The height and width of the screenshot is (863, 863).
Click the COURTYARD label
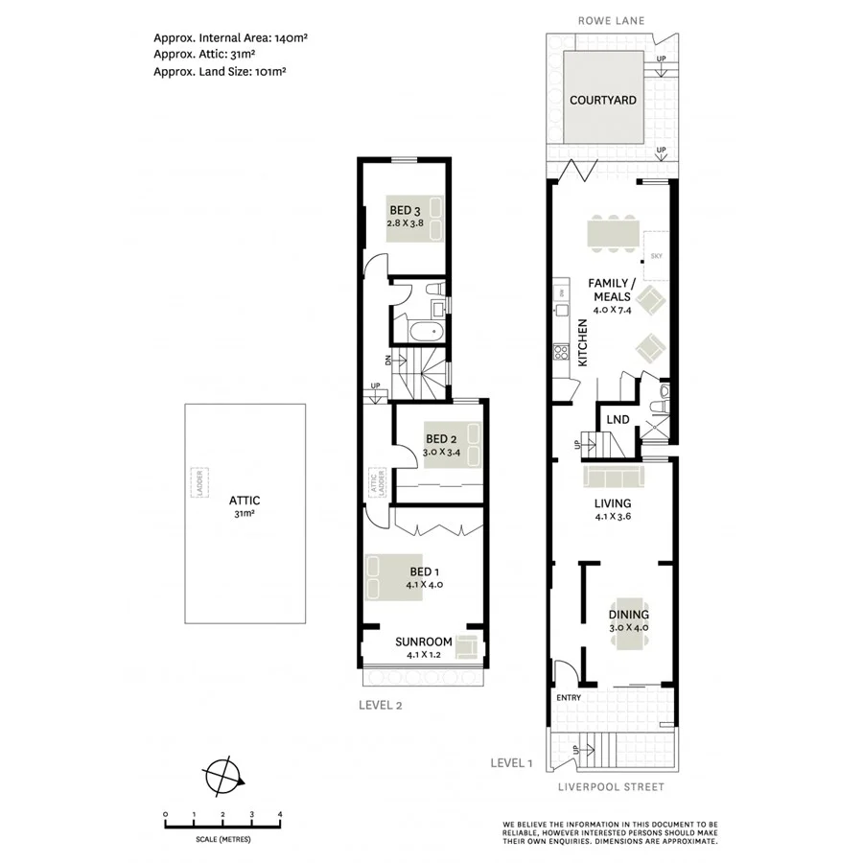603,100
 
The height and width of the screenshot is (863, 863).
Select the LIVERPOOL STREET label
611,787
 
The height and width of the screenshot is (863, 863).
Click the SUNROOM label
423,641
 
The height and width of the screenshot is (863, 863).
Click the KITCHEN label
581,343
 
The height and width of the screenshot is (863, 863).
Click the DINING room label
629,615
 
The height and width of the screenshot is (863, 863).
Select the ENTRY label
569,697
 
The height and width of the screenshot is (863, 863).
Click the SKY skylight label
657,256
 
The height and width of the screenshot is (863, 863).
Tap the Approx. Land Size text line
221,71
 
